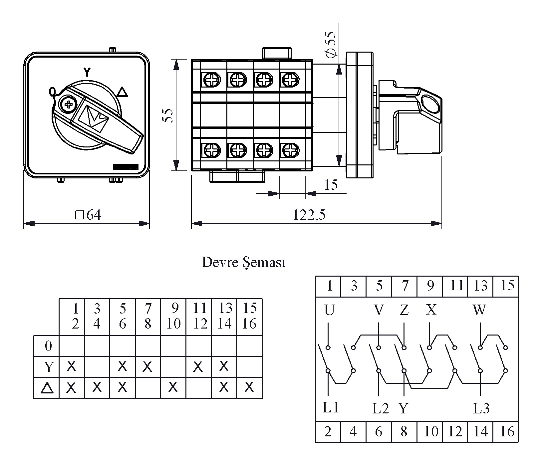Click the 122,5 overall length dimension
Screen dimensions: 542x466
[309, 215]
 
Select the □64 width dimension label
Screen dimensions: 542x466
[88, 215]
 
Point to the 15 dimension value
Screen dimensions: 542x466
[331, 184]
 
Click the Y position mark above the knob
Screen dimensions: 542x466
[87, 72]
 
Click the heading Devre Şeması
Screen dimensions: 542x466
[244, 263]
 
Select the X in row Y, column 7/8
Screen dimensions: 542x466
[147, 367]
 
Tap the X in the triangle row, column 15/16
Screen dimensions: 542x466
[249, 387]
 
